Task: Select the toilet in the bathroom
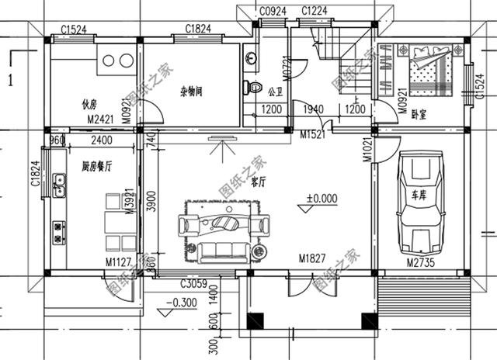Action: (x=251, y=85)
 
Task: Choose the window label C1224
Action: (x=314, y=11)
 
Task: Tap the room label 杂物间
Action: (x=190, y=91)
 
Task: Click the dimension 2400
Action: (x=101, y=140)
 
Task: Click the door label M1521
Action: (x=312, y=134)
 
